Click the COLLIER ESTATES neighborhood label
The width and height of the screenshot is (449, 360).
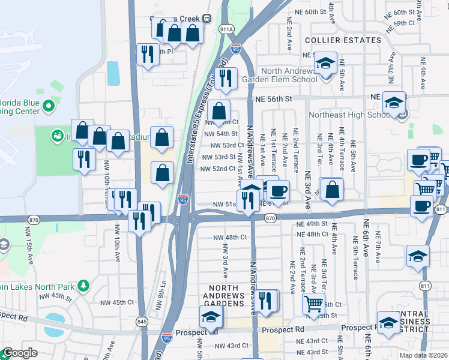(x=343, y=40)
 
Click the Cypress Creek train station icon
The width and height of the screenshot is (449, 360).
(x=206, y=18)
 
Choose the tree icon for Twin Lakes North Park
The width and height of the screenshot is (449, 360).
(x=84, y=284)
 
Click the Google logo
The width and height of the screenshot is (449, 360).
(x=20, y=353)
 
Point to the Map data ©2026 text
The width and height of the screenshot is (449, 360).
(x=423, y=355)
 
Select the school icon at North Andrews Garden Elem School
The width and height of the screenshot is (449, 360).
(x=325, y=63)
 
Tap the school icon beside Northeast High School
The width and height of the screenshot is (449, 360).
(x=394, y=103)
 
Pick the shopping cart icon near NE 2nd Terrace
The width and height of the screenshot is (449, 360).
(x=313, y=304)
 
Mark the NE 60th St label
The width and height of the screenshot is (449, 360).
(x=310, y=12)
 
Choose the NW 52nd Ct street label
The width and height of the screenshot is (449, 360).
(x=218, y=169)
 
